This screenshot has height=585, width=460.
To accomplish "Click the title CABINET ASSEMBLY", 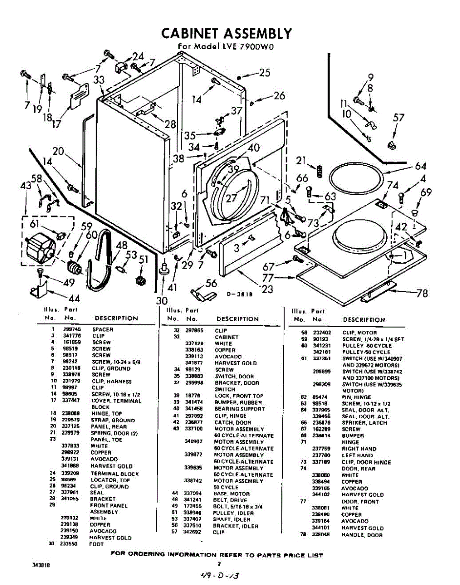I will coord(227,33).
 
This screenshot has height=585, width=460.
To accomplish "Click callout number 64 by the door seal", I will coord(421,166).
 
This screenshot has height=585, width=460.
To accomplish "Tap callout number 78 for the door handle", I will coord(422,293).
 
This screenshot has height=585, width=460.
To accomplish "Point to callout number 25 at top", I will coord(265,73).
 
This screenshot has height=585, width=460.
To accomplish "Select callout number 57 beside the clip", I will coord(399,117).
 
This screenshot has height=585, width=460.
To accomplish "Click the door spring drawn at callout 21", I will coord(320,171).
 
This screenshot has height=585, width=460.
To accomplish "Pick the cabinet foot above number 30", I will coord(164,267).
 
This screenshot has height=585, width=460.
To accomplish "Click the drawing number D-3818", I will coord(238,294).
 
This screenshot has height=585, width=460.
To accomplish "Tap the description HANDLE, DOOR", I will coord(362,535).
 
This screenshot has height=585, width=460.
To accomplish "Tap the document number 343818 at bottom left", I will coord(41,564).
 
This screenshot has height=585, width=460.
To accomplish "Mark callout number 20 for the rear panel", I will coord(58,152).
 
